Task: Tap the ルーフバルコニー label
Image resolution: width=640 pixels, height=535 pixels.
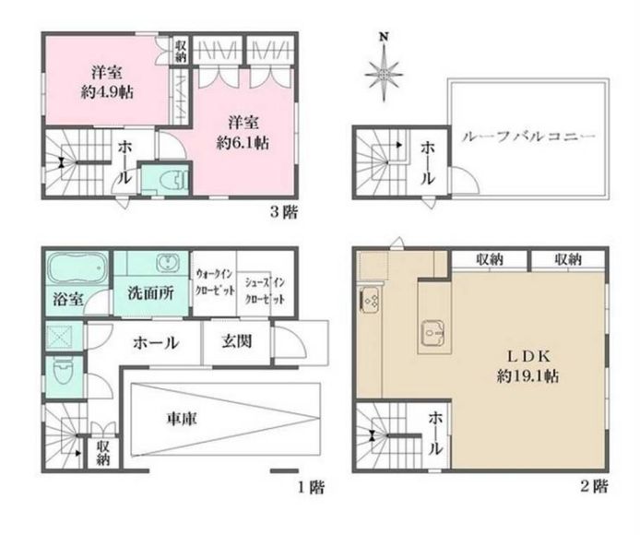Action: (x=528, y=137)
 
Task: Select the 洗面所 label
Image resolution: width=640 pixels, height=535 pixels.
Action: (x=150, y=292)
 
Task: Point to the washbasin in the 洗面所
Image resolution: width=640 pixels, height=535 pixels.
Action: (x=166, y=261)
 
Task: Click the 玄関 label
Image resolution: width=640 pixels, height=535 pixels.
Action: (x=236, y=341)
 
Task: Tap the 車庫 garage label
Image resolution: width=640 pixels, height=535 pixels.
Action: (x=182, y=419)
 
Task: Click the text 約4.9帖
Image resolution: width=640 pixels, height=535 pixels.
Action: (x=107, y=93)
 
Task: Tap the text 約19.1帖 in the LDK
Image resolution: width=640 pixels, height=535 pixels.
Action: (x=527, y=375)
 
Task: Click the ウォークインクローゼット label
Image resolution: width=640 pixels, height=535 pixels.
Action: (x=215, y=281)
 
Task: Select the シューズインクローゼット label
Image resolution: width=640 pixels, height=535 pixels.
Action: (x=265, y=291)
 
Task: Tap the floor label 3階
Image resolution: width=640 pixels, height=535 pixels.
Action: (x=284, y=212)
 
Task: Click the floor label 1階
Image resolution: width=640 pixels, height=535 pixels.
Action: (x=312, y=487)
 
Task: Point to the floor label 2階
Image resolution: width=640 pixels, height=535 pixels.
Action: (x=594, y=486)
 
